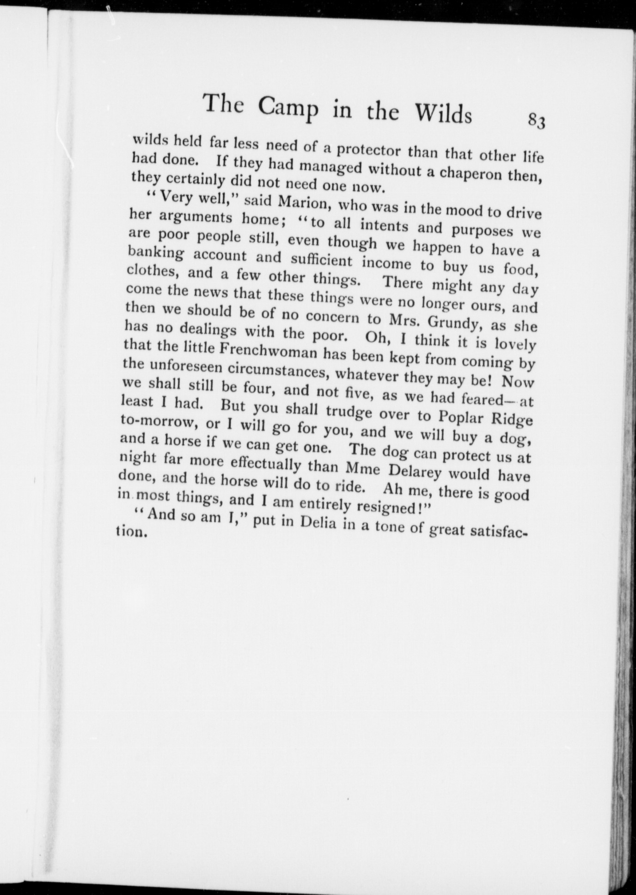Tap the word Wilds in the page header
[x=444, y=114]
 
